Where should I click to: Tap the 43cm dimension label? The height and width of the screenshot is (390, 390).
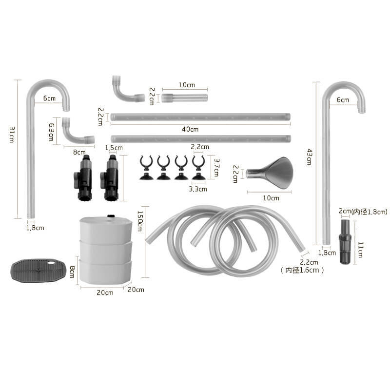click(310, 157)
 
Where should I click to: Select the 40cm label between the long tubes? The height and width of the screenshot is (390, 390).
click(190, 129)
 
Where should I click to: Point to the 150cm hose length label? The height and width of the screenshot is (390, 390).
click(140, 221)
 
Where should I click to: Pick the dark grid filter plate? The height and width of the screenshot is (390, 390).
click(39, 270)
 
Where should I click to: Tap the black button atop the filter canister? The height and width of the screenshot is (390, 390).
click(111, 216)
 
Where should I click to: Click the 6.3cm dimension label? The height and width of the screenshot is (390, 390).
click(51, 132)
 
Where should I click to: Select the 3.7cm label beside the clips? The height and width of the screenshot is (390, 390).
click(216, 168)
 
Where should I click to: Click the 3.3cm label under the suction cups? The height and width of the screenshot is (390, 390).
click(198, 189)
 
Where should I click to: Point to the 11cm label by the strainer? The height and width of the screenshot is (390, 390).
click(361, 250)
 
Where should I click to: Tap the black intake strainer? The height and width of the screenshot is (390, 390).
click(345, 241)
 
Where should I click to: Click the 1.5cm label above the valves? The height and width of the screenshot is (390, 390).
click(114, 148)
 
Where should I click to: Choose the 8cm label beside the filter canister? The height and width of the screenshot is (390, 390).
click(72, 272)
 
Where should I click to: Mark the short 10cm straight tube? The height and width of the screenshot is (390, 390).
click(184, 98)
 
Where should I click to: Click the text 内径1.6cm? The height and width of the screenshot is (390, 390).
click(302, 270)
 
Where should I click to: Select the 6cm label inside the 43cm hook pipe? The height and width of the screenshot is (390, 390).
click(343, 100)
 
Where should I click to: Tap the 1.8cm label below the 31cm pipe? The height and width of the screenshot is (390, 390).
click(35, 228)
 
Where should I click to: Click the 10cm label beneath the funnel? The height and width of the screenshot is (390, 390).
click(271, 198)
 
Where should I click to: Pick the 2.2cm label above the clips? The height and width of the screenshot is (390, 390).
click(200, 147)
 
